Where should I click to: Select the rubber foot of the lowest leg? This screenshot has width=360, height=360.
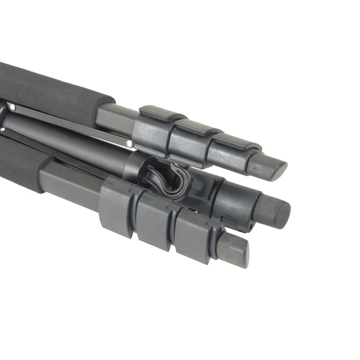[234, 249]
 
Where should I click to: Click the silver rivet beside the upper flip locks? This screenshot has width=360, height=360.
[129, 144]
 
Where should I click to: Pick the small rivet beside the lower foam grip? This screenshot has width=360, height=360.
[3, 129]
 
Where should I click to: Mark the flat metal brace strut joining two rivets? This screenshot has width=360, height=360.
[72, 124]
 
